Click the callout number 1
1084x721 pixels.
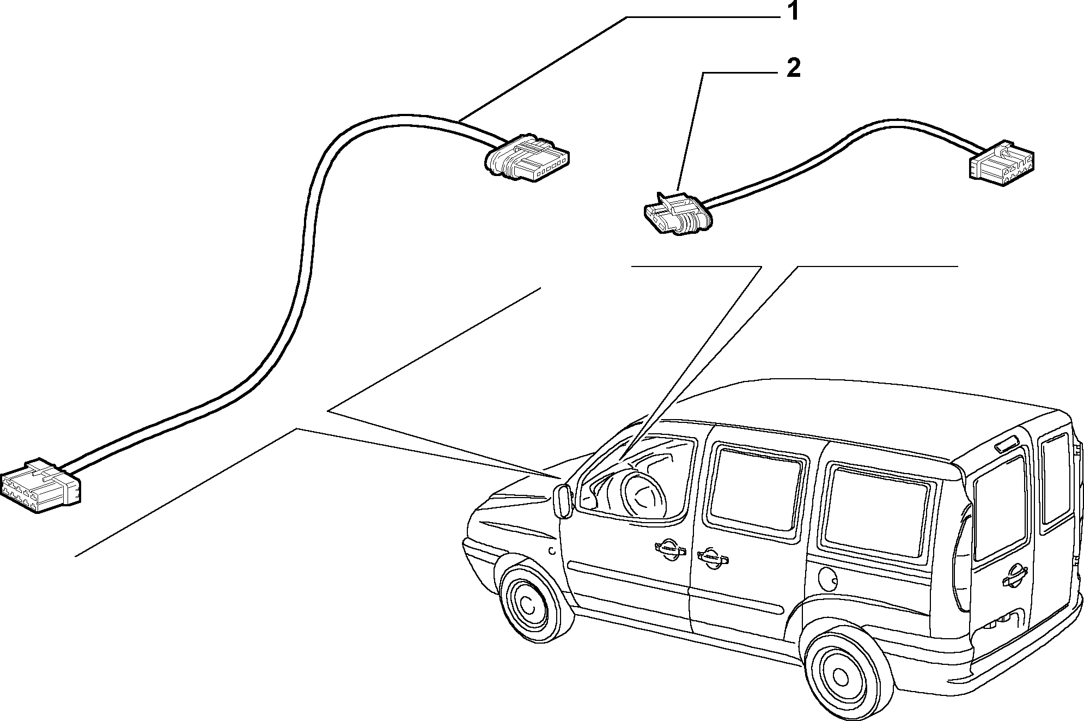793,11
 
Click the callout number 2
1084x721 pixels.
793,69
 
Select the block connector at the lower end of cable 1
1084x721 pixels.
41,485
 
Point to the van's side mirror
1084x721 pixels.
563,501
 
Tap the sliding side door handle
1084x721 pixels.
712,557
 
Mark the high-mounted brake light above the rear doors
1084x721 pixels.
1009,445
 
